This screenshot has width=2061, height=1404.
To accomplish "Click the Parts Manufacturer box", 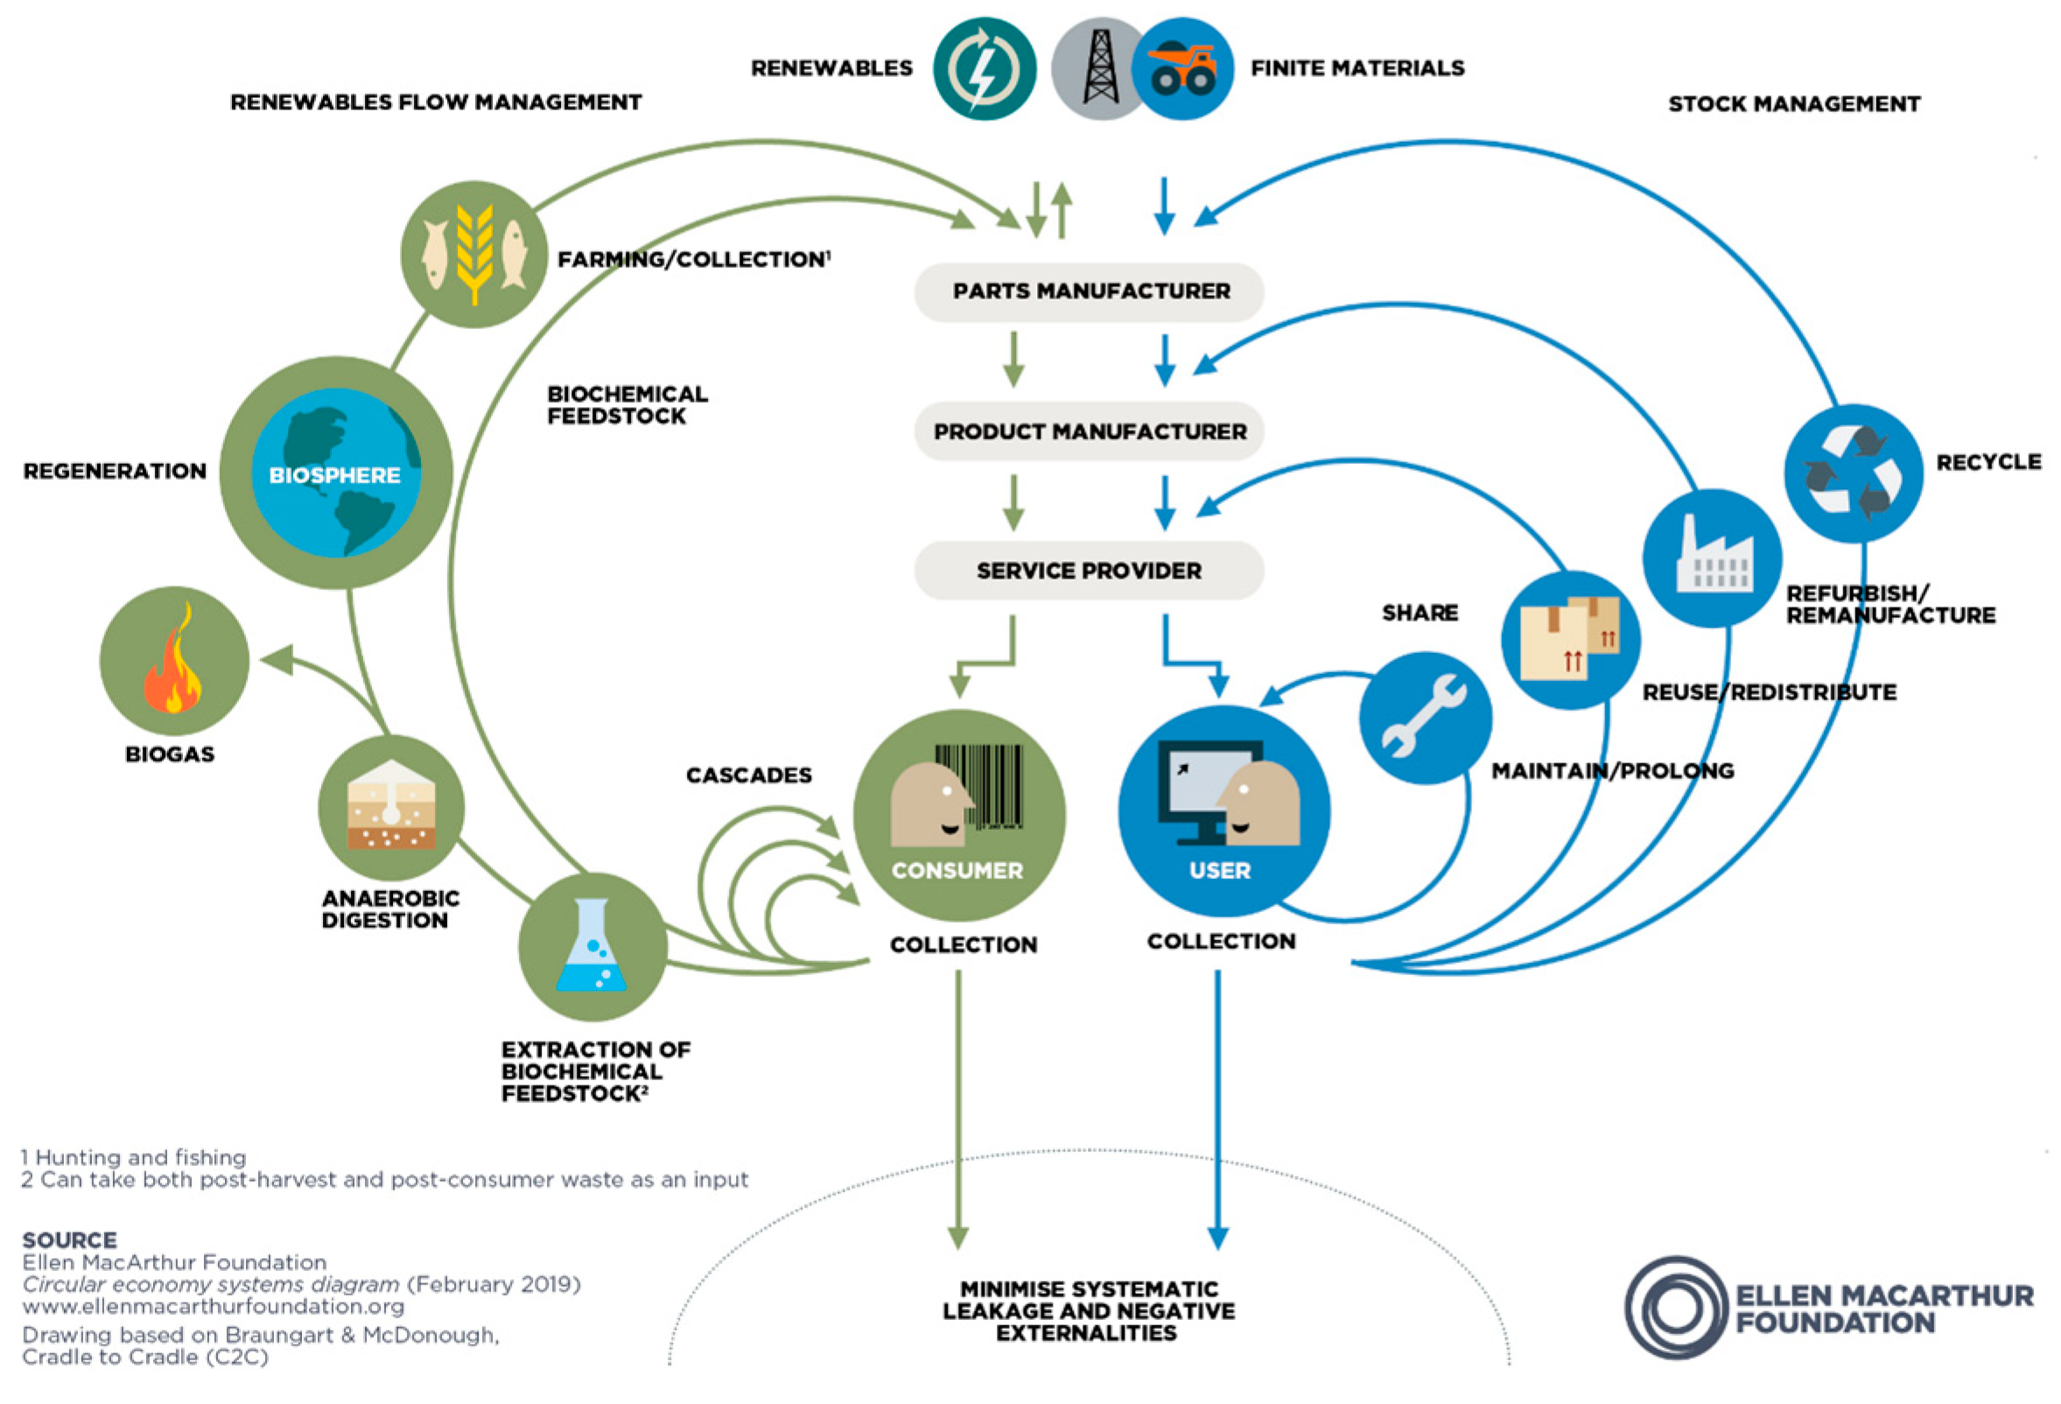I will pos(1089,291).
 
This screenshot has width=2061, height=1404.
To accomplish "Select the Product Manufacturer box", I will pos(1089,432).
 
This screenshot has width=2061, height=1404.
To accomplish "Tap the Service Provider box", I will pos(1089,571).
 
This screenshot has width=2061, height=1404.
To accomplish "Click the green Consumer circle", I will pos(958,815).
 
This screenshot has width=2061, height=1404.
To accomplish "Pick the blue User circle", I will pos(1223,811).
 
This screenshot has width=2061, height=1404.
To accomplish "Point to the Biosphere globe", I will pos(336,473).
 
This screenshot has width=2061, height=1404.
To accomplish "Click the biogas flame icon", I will pos(174,662).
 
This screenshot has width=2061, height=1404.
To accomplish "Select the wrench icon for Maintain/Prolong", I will pos(1424,718).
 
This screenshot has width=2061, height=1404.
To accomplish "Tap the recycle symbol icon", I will pos(1853,473).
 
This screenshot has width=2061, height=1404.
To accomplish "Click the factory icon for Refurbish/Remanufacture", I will pos(1712,558).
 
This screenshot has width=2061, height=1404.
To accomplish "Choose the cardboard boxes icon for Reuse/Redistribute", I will pos(1570,641).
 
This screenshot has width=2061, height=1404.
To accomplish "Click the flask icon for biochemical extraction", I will pos(592,947).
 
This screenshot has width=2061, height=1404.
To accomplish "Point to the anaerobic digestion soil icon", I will pos(391,807).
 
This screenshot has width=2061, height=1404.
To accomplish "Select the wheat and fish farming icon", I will pos(473,255).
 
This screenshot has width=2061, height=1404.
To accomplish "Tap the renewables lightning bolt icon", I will pos(984,69).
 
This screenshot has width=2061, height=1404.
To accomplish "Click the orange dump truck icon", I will pos(1183,69).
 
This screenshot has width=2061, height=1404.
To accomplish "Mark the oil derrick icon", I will pos(1099,69).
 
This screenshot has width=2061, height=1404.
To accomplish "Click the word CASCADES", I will pos(748,776).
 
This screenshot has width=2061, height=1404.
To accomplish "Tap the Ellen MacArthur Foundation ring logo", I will pos(1675,1309).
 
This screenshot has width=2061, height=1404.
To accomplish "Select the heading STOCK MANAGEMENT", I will pos(1793,104).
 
